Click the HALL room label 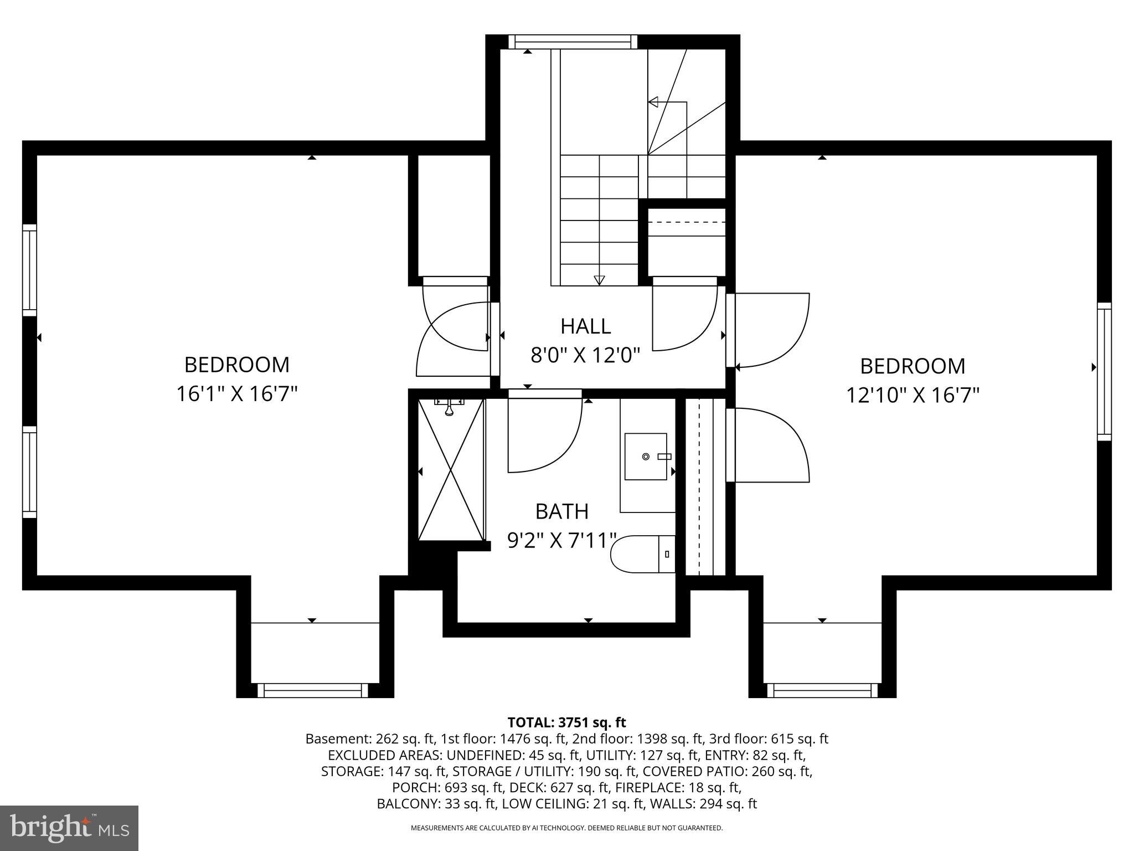point(585,326)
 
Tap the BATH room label point(561,511)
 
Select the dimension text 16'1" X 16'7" point(237,394)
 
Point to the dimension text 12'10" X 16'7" point(913,396)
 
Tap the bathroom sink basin point(646,457)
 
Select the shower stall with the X point(451,469)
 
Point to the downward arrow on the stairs point(599,280)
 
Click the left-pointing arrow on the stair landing point(653,102)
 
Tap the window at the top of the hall point(573,42)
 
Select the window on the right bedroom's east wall point(1104,372)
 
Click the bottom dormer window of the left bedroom point(313,690)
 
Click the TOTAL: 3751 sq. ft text point(566,722)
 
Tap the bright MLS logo point(69,828)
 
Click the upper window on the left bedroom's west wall point(29,270)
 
